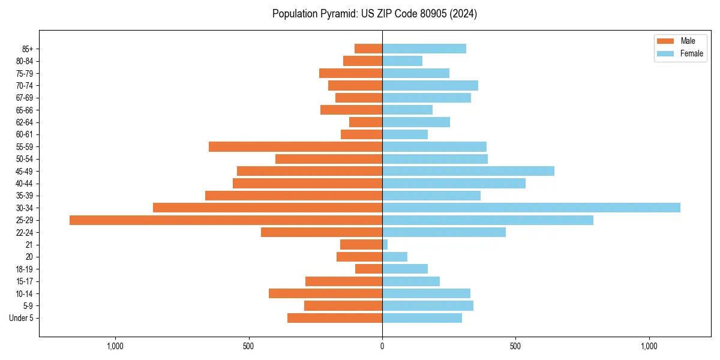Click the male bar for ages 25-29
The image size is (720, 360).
226,220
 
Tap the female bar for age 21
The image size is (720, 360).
385,245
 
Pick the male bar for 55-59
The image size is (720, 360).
295,147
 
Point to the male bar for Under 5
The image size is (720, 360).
335,318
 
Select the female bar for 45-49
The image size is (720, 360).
468,171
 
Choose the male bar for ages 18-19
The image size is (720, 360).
368,269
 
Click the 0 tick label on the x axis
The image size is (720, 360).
382,346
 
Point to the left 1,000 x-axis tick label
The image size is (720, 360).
115,346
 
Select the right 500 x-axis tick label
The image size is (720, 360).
515,346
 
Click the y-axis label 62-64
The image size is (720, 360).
25,122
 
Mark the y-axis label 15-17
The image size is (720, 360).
25,281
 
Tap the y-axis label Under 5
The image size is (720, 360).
21,318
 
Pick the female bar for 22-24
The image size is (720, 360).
444,232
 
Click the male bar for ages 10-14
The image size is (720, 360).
325,293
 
